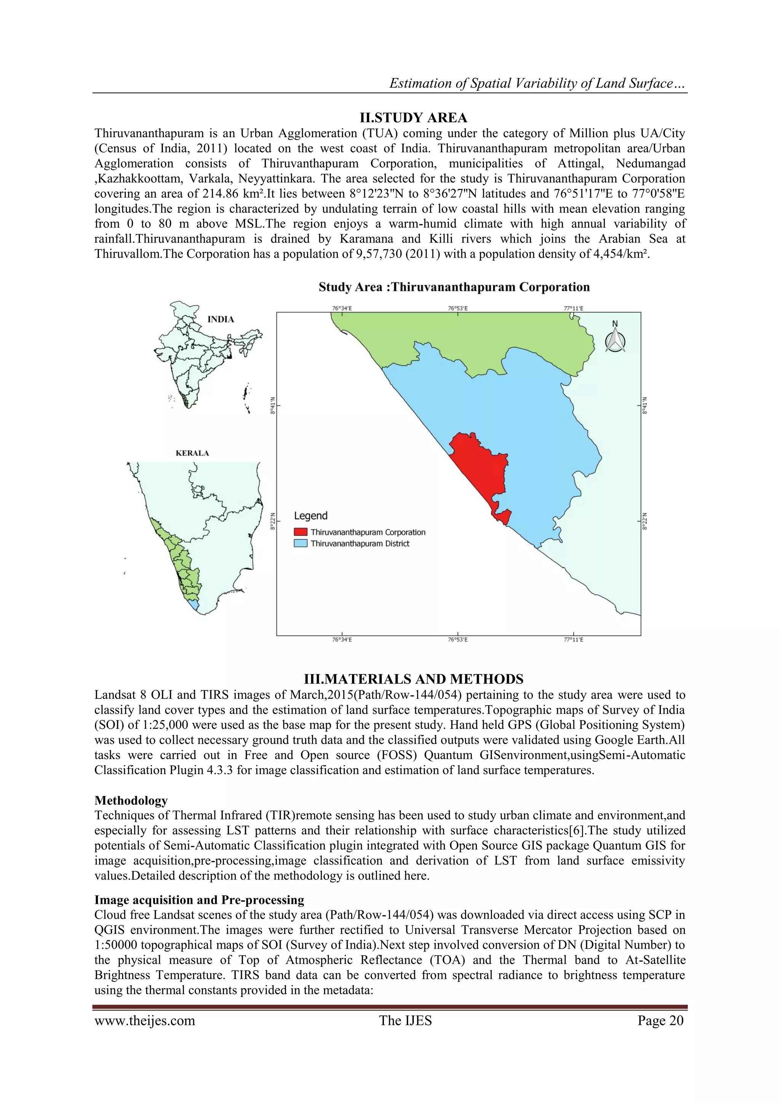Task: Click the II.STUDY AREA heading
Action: [x=413, y=118]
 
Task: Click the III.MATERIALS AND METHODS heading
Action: [x=413, y=679]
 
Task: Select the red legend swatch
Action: [x=300, y=532]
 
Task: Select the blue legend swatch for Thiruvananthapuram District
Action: [x=300, y=544]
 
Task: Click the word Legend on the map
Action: [x=310, y=516]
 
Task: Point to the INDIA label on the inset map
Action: [x=221, y=319]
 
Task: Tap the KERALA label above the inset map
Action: [x=192, y=453]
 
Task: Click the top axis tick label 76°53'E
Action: [x=457, y=308]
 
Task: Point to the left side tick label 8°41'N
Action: [x=272, y=405]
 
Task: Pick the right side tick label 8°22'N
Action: [x=645, y=521]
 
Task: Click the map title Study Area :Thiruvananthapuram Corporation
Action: [x=454, y=287]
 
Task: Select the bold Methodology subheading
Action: [x=131, y=800]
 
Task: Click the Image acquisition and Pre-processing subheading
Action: [x=199, y=900]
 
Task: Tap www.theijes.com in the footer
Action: [x=145, y=1021]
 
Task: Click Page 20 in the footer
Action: [x=660, y=1021]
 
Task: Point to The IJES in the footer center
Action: [x=405, y=1021]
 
